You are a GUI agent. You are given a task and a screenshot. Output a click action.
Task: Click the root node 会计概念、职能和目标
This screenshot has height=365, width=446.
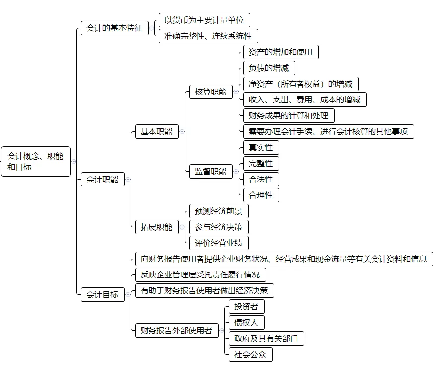(36, 162)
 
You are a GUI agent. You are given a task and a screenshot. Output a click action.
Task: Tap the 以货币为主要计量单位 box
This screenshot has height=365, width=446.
(204, 20)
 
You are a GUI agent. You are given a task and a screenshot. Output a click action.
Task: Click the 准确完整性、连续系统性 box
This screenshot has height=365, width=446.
(208, 36)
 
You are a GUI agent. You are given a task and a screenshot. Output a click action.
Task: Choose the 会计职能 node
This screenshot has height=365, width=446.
(103, 179)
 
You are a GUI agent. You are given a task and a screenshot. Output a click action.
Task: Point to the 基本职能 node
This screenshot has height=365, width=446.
(156, 132)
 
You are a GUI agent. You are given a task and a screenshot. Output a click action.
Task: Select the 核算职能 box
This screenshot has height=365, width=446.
(211, 92)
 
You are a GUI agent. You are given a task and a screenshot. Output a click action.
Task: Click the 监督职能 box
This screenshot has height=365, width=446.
(211, 172)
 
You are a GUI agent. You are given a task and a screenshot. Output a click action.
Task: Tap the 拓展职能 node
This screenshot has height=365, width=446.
(156, 227)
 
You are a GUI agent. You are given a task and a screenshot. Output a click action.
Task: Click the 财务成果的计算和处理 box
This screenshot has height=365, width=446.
(289, 116)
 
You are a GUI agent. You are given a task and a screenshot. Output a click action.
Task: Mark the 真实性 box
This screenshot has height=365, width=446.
(261, 148)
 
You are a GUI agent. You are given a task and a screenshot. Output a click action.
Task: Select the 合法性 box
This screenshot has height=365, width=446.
(261, 180)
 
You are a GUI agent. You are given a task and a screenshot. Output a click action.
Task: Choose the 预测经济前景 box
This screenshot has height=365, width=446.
(219, 211)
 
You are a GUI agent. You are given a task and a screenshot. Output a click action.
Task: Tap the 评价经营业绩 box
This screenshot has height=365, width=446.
(219, 243)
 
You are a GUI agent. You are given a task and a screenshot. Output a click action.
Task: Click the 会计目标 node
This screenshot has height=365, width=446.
(103, 294)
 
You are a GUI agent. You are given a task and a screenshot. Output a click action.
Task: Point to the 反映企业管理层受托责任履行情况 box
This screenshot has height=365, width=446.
(200, 275)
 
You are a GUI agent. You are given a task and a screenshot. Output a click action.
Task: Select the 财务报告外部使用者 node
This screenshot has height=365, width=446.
(176, 330)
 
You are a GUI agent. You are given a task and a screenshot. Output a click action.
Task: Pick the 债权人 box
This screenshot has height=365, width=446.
(246, 323)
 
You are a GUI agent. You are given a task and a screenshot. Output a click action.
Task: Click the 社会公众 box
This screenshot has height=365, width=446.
(250, 355)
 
